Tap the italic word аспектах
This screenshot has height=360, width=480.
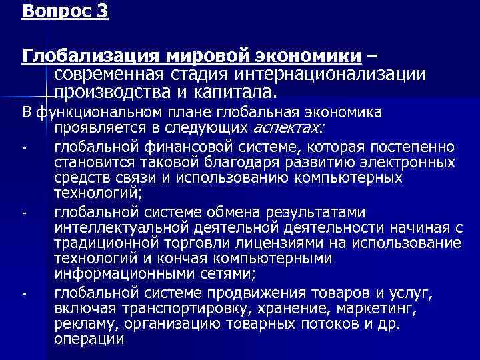[x=289, y=127]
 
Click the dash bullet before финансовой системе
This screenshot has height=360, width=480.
[x=23, y=147]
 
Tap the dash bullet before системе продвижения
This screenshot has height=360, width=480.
[x=23, y=294]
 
